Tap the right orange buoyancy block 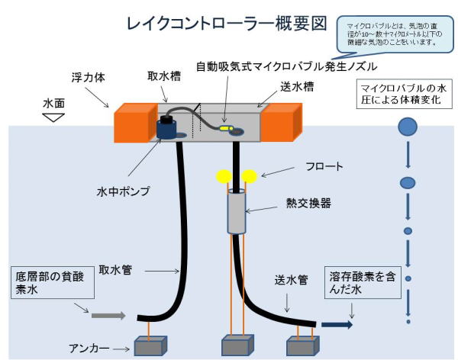coord(283,122)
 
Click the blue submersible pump coord(167,127)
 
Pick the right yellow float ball coord(250,176)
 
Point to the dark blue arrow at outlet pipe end coord(335,323)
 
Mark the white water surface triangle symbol coord(52,117)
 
